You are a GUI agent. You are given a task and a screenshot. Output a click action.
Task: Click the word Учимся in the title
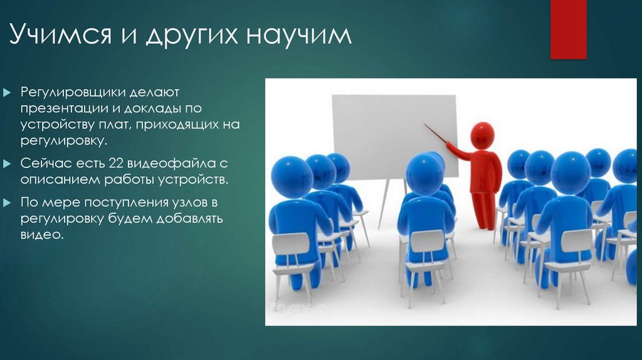tap(60, 34)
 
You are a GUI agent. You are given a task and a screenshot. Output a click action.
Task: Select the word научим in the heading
tap(299, 35)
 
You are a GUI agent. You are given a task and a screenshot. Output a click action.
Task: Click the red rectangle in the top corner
tap(568, 29)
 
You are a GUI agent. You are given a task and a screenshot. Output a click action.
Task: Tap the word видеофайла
tap(171, 164)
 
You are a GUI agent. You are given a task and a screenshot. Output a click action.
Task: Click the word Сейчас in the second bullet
tap(43, 163)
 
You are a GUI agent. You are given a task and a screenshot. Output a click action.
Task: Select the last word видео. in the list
tap(42, 235)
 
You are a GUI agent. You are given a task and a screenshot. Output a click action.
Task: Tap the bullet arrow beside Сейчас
tap(7, 164)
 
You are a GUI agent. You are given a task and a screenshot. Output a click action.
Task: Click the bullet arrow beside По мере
tap(7, 203)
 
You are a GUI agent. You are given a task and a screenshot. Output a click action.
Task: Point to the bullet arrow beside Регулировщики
tap(7, 93)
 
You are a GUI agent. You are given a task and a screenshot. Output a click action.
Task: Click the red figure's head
tap(482, 135)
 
